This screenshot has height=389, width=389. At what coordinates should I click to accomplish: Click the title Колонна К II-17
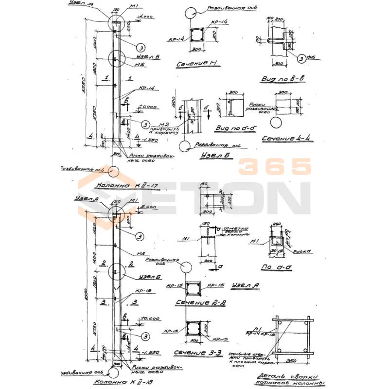pyautogui.click(x=122, y=185)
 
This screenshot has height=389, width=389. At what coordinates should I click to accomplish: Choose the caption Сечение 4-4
pyautogui.click(x=286, y=139)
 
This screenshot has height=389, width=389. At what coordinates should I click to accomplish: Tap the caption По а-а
pyautogui.click(x=282, y=267)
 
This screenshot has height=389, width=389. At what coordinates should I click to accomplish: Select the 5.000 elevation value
pyautogui.click(x=148, y=207)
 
